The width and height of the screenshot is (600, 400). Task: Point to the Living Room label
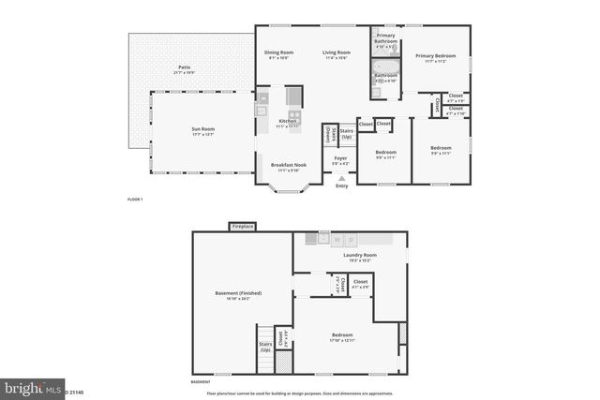(337, 52)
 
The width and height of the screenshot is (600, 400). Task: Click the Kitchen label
(288, 121)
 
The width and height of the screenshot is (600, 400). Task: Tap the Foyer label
(341, 157)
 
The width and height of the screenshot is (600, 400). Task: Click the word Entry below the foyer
(341, 185)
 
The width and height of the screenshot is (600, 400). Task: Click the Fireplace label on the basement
(243, 226)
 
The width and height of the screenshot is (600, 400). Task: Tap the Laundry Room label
(360, 255)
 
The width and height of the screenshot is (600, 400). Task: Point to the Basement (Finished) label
(238, 293)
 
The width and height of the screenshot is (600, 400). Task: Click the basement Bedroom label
(342, 334)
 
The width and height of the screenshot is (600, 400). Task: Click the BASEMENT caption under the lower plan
(201, 382)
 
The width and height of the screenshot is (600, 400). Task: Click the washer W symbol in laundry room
(337, 239)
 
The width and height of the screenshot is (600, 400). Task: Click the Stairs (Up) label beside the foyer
(346, 134)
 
